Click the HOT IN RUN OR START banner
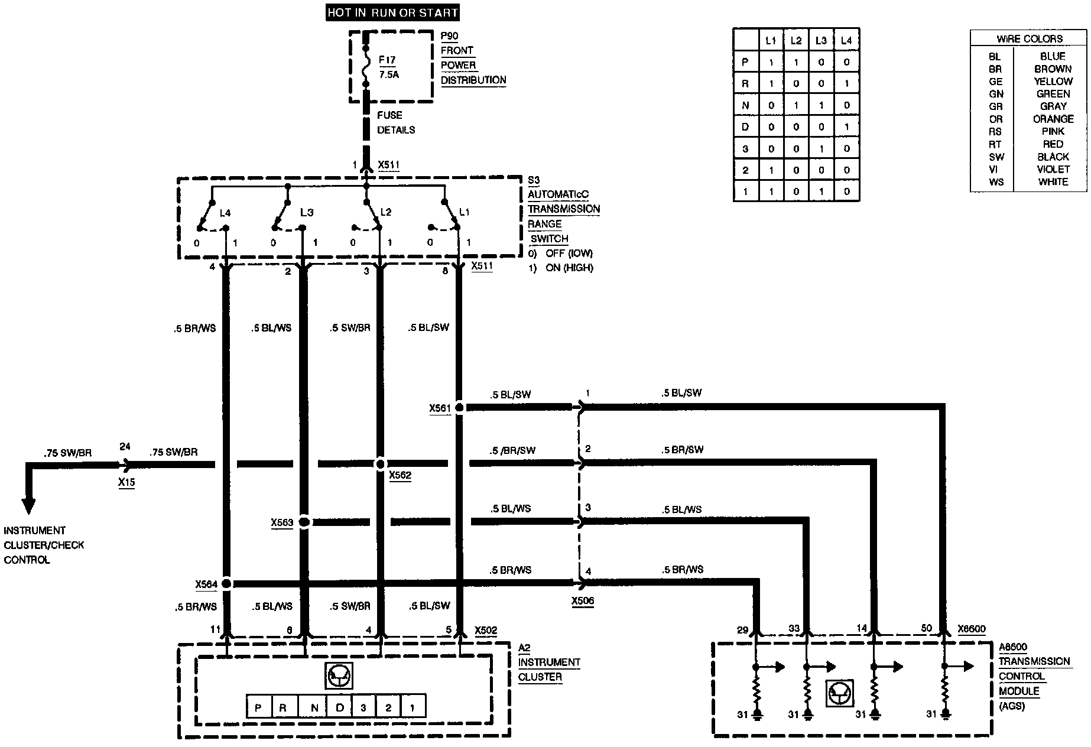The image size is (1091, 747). point(392,12)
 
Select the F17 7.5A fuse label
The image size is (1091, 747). point(388,67)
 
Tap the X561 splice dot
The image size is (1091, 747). point(459,407)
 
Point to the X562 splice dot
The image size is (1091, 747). point(381,464)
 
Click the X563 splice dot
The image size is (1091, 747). point(304,522)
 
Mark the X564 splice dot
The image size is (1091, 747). point(226,584)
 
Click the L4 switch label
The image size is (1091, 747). point(225,212)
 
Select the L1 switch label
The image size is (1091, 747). point(465,212)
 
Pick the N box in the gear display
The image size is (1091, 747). point(315,707)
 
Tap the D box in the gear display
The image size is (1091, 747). point(340,707)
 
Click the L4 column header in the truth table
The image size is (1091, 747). point(846,41)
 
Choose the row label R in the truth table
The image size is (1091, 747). point(745,84)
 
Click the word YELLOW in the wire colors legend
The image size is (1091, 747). point(1053,82)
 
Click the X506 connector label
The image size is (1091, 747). point(583,601)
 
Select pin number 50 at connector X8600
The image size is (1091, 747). point(926,629)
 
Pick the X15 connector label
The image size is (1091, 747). point(126,482)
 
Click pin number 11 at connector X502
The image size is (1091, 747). point(216,630)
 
